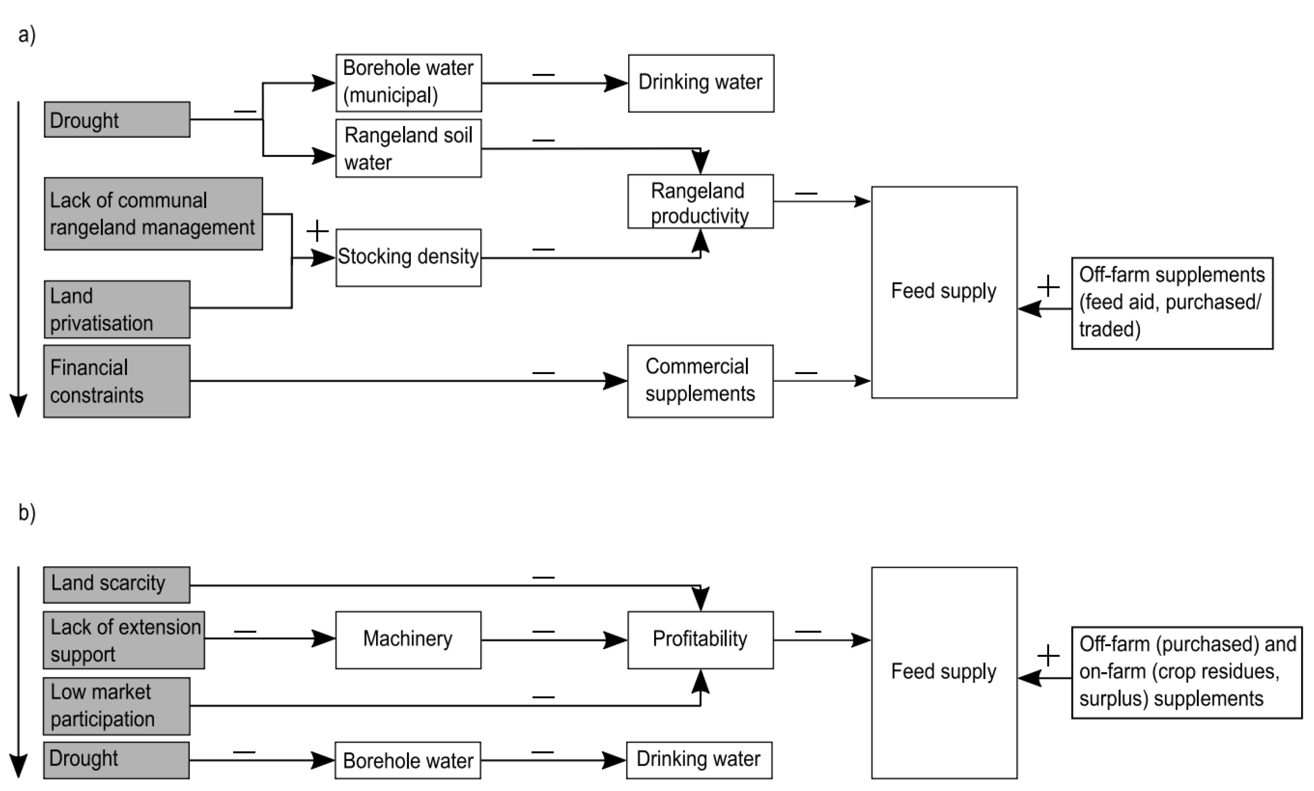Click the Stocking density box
(408, 258)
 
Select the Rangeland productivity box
(700, 201)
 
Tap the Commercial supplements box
(700, 381)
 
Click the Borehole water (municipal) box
(409, 83)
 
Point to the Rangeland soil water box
(409, 148)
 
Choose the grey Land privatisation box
(117, 309)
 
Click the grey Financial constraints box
(117, 381)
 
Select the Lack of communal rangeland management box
(153, 214)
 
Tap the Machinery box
(408, 640)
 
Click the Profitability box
(700, 640)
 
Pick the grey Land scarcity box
(116, 585)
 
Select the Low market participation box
(116, 706)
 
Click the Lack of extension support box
(124, 640)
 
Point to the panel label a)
(26, 35)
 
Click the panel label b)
(27, 513)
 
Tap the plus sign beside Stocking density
(317, 231)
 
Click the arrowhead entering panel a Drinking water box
(617, 83)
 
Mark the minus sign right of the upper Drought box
(245, 112)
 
